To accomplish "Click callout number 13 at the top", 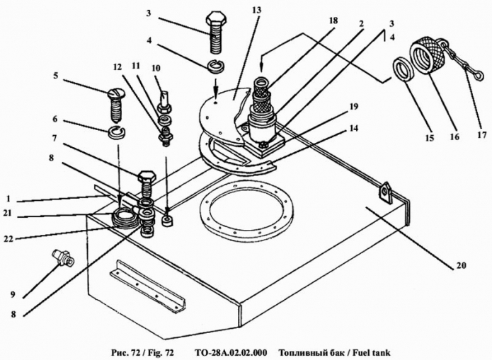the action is [256, 10].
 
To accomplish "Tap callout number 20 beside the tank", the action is [462, 265].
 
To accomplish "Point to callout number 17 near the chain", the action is [482, 136].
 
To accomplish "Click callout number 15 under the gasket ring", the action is [430, 137].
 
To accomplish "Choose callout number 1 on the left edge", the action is [8, 199].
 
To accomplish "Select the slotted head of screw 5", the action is [116, 93].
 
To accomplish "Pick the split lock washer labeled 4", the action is [217, 67].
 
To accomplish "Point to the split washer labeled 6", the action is [117, 132].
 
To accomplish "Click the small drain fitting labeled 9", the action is [64, 257].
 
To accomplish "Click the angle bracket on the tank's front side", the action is [147, 286].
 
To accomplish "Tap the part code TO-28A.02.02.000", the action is [231, 352].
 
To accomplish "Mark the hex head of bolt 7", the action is [147, 178].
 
